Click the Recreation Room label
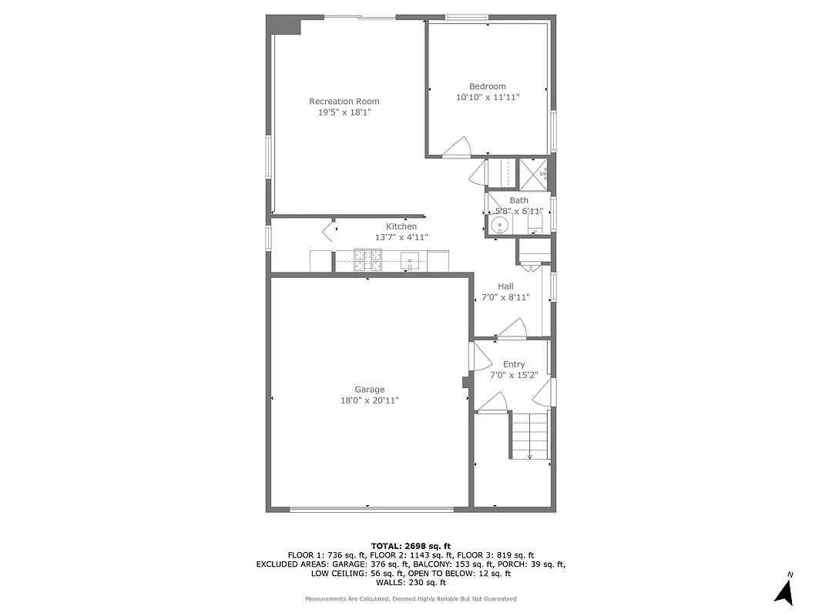344,102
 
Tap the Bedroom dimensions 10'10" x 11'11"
488,98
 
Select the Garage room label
369,390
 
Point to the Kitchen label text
401,226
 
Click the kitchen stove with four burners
368,260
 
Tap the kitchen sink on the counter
414,262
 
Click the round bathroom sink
499,226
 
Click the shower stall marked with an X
532,173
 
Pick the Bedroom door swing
458,147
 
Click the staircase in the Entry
530,435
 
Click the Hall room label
505,286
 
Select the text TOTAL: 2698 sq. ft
411,544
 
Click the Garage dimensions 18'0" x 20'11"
370,400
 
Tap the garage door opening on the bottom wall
371,508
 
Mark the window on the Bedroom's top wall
467,17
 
